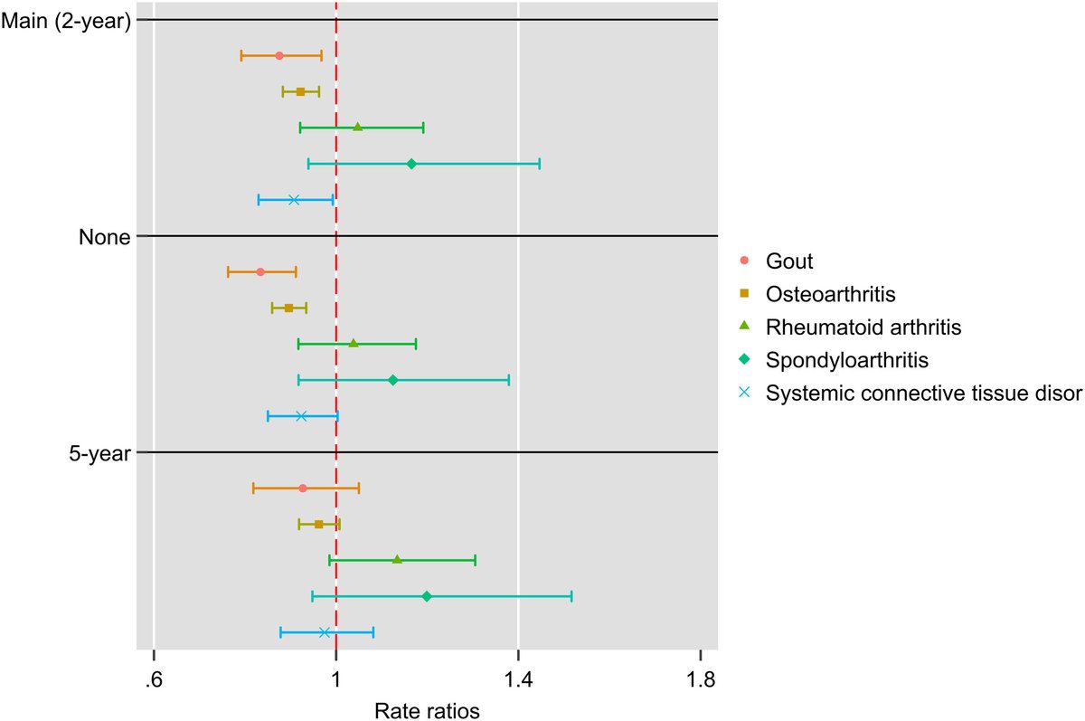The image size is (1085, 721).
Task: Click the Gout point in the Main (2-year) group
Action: pos(279,56)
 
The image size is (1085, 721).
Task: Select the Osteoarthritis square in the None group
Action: pos(288,308)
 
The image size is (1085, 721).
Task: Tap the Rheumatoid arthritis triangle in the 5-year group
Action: pos(397,560)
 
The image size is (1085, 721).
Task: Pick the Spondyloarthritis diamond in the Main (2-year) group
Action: pos(411,164)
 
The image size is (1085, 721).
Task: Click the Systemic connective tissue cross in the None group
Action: pos(301,416)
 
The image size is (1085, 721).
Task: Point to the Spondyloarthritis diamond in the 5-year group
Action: pos(427,596)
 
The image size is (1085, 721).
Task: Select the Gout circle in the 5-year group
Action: pos(303,489)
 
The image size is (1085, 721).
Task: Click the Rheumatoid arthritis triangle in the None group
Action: pos(354,344)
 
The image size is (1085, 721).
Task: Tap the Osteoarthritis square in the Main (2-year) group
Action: pos(300,91)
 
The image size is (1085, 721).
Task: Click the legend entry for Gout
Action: pos(789,261)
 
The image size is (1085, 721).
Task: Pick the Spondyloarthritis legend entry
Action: pos(846,360)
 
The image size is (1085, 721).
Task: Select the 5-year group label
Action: pos(100,453)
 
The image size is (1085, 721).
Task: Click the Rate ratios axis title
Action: pos(427,710)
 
